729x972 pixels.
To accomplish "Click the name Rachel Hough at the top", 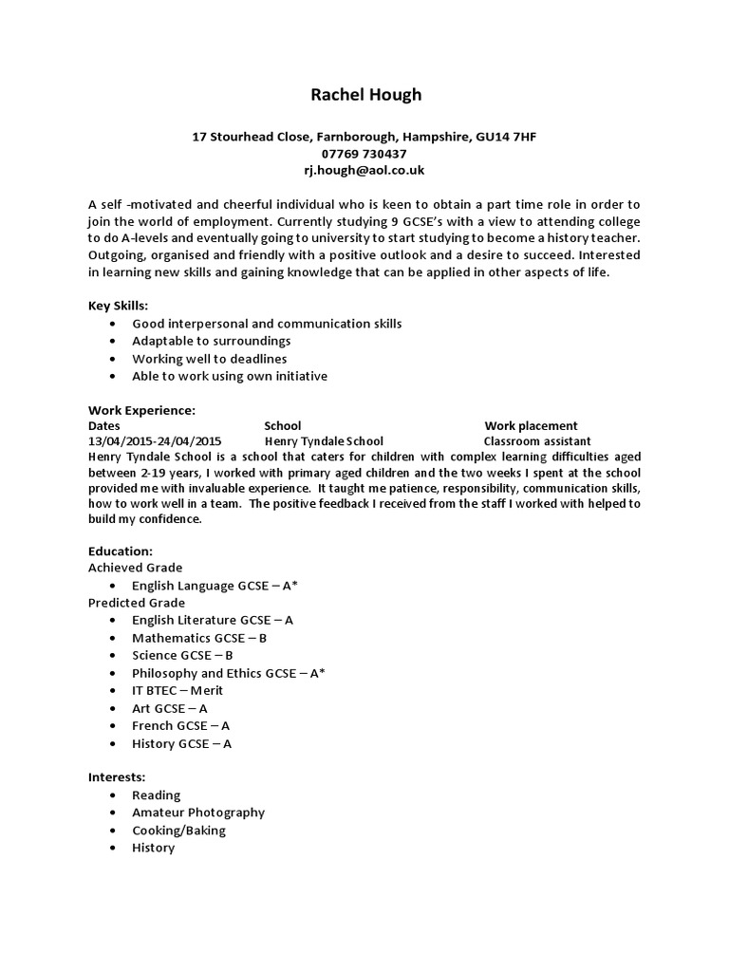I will pyautogui.click(x=364, y=95).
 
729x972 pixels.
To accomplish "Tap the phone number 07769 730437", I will pyautogui.click(x=364, y=154).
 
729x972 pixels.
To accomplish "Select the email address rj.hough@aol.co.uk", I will pyautogui.click(x=364, y=171).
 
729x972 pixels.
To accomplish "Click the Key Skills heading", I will pyautogui.click(x=118, y=306).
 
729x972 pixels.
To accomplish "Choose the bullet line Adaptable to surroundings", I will pyautogui.click(x=211, y=341).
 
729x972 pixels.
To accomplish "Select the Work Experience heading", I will pyautogui.click(x=141, y=410).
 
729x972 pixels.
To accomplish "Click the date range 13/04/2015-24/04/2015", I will pyautogui.click(x=155, y=441).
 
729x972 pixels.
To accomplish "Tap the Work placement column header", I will pyautogui.click(x=531, y=426).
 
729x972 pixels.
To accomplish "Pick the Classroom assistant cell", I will pyautogui.click(x=537, y=441).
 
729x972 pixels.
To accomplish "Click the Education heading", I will pyautogui.click(x=120, y=551).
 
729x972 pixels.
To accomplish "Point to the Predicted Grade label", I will pyautogui.click(x=137, y=603).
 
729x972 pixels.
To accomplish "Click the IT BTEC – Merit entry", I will pyautogui.click(x=178, y=690).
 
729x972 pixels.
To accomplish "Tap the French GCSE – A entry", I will pyautogui.click(x=181, y=726).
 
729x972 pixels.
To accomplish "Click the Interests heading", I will pyautogui.click(x=117, y=777).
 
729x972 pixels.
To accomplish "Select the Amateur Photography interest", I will pyautogui.click(x=197, y=813).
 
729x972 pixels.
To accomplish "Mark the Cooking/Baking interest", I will pyautogui.click(x=178, y=831).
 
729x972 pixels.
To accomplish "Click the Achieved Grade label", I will pyautogui.click(x=136, y=568).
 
